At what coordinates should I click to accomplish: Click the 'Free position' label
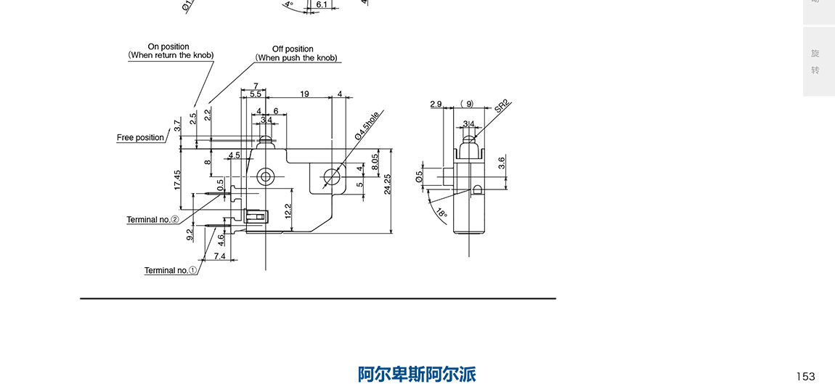[140, 138]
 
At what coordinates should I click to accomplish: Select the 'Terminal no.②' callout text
[152, 220]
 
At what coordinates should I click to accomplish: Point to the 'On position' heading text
[168, 47]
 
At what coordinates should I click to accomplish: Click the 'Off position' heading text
[293, 49]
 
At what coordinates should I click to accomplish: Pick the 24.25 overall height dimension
[388, 184]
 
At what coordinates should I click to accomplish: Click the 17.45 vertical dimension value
[178, 179]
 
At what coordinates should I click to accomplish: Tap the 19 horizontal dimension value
[304, 94]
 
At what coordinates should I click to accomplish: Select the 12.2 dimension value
[288, 211]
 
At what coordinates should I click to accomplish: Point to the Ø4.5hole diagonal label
[367, 126]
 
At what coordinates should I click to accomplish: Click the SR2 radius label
[502, 106]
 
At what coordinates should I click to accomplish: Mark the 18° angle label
[441, 213]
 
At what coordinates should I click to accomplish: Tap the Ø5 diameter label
[419, 176]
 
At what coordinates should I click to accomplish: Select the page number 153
[805, 376]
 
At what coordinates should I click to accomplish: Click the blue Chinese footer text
[417, 374]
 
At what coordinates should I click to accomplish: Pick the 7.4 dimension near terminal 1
[219, 256]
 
